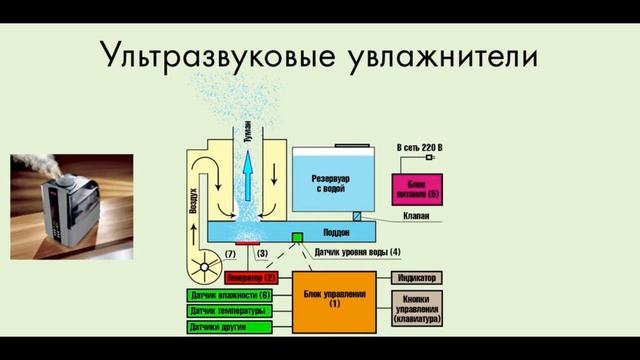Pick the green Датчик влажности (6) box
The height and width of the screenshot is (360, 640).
(230, 295)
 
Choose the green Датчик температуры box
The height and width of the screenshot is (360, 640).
(230, 311)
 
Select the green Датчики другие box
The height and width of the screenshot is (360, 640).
(230, 326)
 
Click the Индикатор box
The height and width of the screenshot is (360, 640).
(416, 277)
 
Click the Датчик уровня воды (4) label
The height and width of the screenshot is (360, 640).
(357, 251)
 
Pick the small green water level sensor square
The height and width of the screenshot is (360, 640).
(296, 238)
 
